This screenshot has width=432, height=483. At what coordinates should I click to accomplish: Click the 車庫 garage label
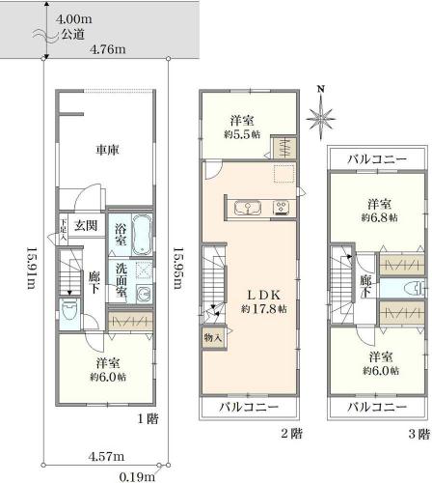click(107, 150)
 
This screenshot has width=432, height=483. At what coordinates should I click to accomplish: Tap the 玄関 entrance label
click(86, 225)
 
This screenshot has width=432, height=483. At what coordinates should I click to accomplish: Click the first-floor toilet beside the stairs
click(69, 310)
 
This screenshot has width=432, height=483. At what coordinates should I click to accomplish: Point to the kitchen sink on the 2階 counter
click(247, 208)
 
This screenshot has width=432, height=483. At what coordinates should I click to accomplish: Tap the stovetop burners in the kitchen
click(281, 208)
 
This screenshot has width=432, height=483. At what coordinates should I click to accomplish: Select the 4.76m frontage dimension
click(108, 49)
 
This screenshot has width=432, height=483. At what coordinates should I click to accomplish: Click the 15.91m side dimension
click(31, 268)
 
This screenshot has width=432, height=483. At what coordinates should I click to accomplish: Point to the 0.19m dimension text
click(137, 476)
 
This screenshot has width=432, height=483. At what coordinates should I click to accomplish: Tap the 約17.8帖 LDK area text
click(264, 309)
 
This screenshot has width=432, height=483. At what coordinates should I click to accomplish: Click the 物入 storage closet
click(213, 338)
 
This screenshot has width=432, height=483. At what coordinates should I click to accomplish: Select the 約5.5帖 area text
click(242, 134)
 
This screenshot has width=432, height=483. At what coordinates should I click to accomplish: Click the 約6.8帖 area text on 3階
click(379, 217)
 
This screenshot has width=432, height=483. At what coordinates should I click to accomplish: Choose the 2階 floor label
click(292, 434)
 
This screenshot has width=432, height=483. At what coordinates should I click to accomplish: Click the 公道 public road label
click(73, 35)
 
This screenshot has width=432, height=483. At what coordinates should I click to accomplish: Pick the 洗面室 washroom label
click(121, 280)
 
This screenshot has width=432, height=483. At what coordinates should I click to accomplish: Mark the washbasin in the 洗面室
click(144, 294)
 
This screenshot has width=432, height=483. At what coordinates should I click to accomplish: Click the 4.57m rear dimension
click(106, 456)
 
